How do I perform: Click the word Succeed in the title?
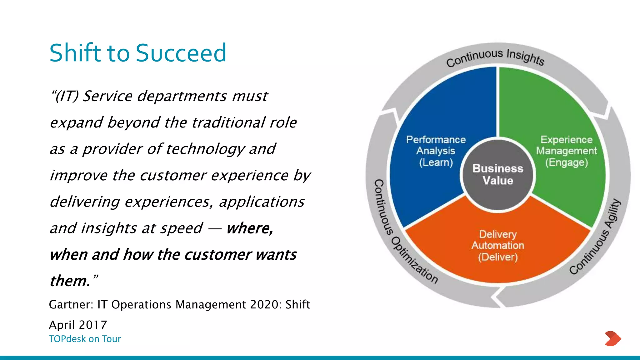pyautogui.click(x=181, y=53)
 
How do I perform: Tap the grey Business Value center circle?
pyautogui.click(x=497, y=175)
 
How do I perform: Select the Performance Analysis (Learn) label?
pyautogui.click(x=436, y=151)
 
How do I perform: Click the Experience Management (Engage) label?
pyautogui.click(x=566, y=151)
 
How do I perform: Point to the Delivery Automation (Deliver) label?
pyautogui.click(x=497, y=246)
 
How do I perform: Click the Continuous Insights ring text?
pyautogui.click(x=495, y=57)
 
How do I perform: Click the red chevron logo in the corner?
pyautogui.click(x=612, y=338)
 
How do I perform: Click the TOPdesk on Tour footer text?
pyautogui.click(x=85, y=339)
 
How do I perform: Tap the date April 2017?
pyautogui.click(x=78, y=325)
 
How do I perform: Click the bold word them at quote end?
pyautogui.click(x=69, y=281)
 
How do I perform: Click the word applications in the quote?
pyautogui.click(x=262, y=202)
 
